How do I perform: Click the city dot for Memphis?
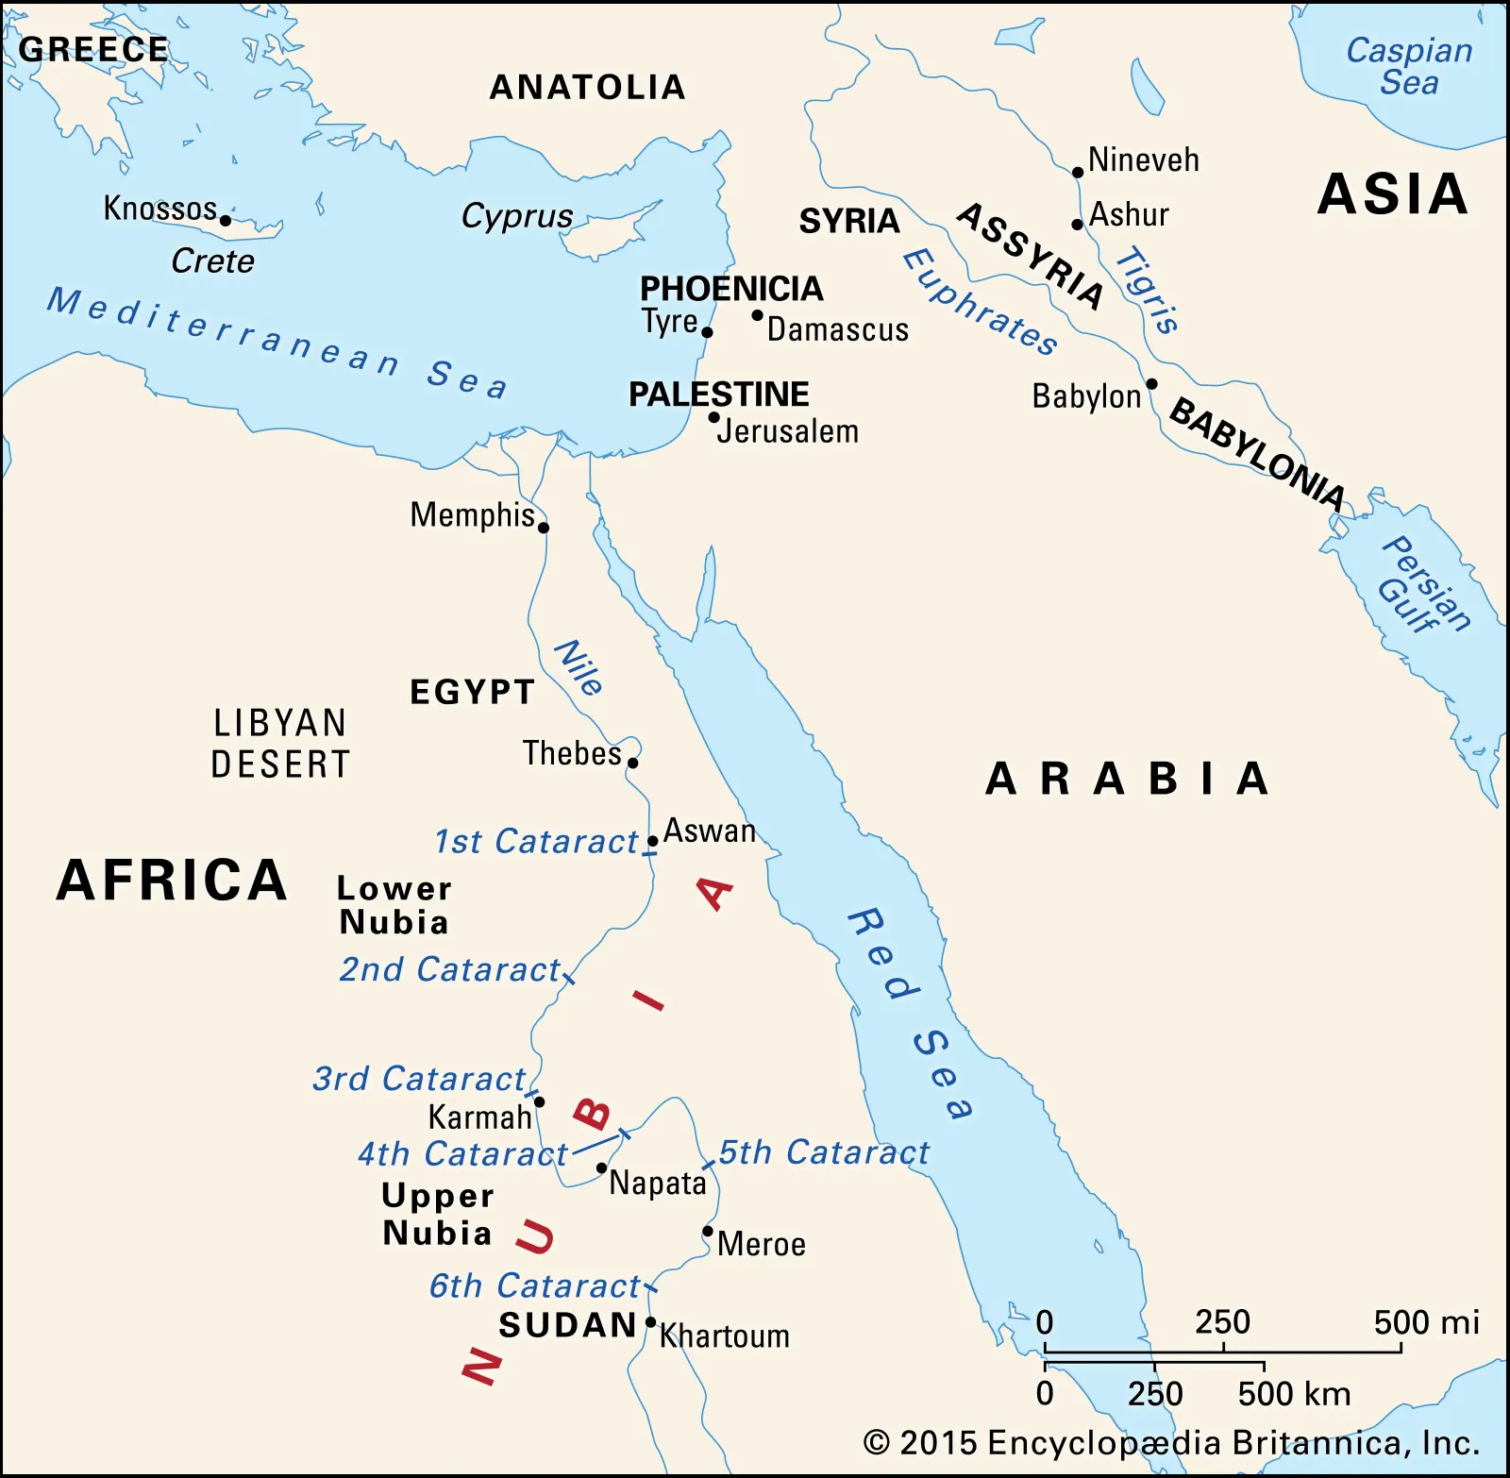[544, 528]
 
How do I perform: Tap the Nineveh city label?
[1143, 160]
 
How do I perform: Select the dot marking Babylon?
[1151, 384]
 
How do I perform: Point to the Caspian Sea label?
[1408, 66]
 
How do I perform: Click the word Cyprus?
[516, 216]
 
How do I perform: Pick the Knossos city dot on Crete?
[226, 221]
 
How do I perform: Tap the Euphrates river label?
[980, 302]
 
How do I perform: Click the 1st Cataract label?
[536, 841]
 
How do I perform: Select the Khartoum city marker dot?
[650, 1322]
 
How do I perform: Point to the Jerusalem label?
[788, 432]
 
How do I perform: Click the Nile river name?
[578, 667]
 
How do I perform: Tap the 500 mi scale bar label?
[1426, 1322]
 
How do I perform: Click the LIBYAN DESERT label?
[280, 744]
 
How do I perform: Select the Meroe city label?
[762, 1244]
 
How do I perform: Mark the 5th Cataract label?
[824, 1152]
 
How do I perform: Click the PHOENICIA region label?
[731, 289]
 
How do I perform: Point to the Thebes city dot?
[633, 763]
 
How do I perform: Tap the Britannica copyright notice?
[1170, 1443]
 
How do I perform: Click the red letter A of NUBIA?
[715, 893]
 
